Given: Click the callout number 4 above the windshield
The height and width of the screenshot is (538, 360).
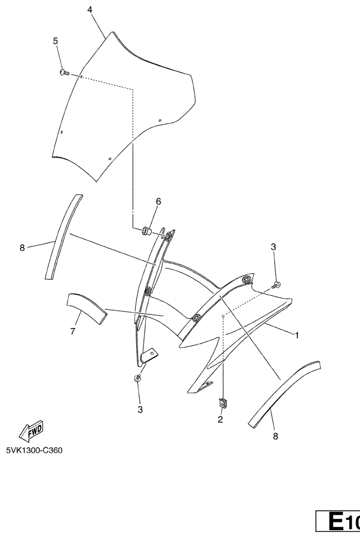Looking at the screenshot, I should (90, 10).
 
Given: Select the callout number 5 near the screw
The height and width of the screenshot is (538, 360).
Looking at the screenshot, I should (55, 41).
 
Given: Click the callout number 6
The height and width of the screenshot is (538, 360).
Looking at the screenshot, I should (158, 201).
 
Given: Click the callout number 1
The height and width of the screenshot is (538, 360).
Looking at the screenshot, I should (296, 335).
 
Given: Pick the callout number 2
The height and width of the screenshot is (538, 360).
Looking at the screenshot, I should (220, 419).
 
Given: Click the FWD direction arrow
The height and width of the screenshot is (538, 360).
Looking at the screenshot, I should (32, 430).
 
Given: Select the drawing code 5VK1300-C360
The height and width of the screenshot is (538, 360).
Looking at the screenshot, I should (34, 450).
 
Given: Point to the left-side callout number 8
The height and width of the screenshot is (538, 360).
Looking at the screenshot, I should (22, 248).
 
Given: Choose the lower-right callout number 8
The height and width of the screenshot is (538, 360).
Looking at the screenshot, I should (275, 436).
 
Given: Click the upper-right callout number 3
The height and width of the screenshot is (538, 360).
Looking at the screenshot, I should (273, 247).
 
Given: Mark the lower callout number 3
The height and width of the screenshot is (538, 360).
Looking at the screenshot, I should (140, 410).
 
